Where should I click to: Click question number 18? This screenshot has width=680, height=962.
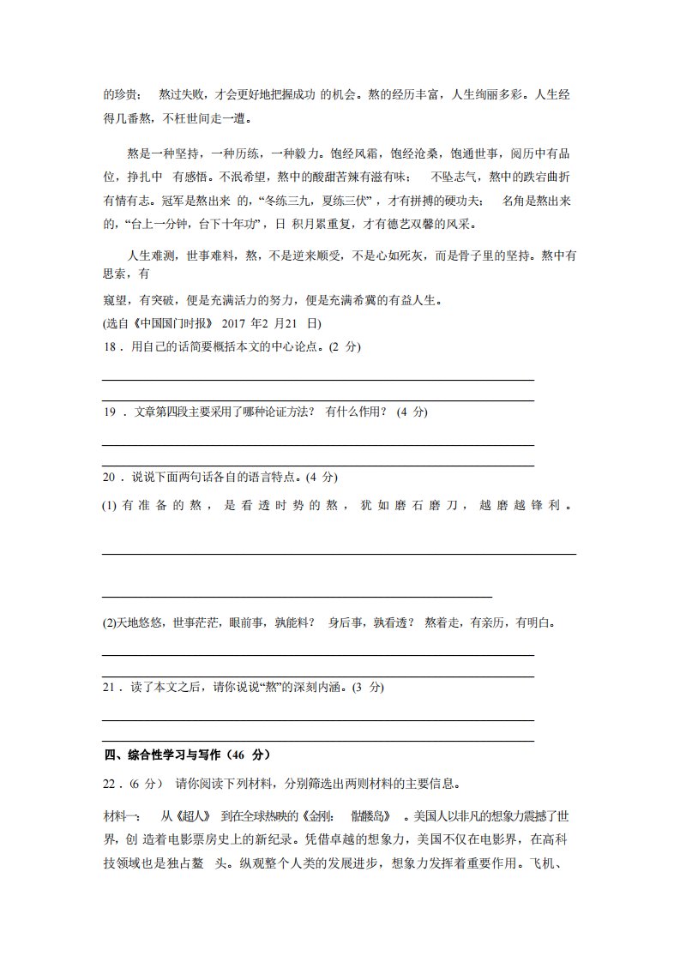(110, 347)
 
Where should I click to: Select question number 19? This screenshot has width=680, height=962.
(110, 412)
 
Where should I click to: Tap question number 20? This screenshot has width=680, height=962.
(110, 477)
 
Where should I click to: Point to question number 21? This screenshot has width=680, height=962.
(110, 688)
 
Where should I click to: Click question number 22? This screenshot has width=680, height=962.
(110, 784)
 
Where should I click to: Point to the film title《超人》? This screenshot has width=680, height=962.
(193, 815)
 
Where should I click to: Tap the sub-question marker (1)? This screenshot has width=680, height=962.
(109, 506)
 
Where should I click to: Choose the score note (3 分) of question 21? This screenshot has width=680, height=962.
(370, 688)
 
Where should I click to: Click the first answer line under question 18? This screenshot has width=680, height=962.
(317, 379)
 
